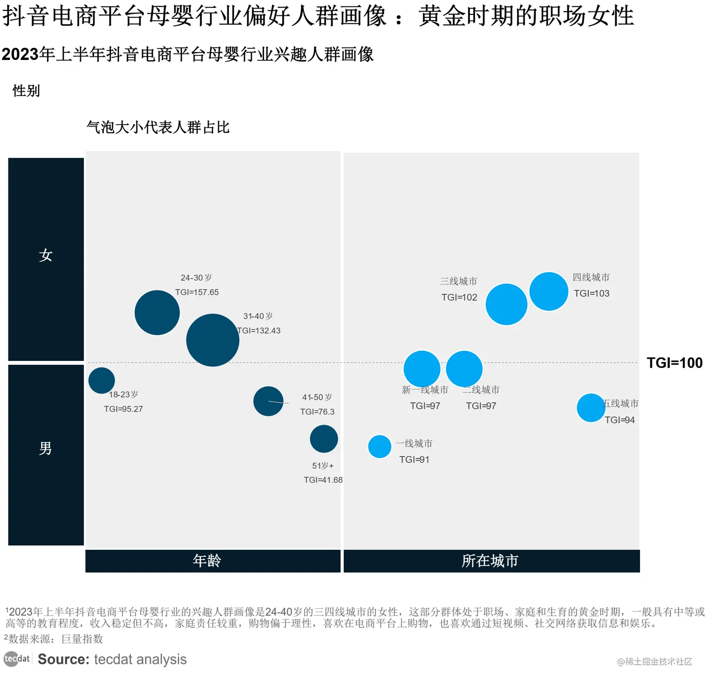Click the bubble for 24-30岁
(x=157, y=313)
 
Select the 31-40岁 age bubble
(x=212, y=340)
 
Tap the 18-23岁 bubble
(x=102, y=380)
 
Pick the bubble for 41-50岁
(x=268, y=401)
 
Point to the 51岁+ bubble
(x=324, y=439)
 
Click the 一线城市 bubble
(x=379, y=446)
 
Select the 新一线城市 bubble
(x=422, y=369)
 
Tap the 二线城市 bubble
(x=464, y=369)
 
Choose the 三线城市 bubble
(x=506, y=304)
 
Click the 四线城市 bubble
(x=549, y=291)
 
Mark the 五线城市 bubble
(x=591, y=408)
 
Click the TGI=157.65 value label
(x=197, y=292)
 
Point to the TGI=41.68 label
(x=323, y=480)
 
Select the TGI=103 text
(x=592, y=293)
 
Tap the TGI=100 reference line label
(x=674, y=362)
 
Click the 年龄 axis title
(x=207, y=561)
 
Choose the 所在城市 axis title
(x=490, y=561)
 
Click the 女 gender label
(x=45, y=255)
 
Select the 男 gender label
(x=45, y=449)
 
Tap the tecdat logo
(x=17, y=659)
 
